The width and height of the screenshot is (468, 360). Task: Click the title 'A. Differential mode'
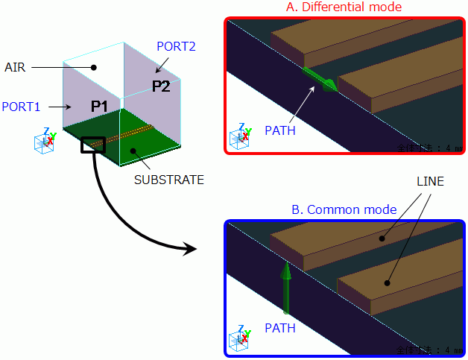pos(344,7)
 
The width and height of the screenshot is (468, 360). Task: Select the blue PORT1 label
pos(21,107)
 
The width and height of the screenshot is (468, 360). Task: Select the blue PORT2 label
pos(176,46)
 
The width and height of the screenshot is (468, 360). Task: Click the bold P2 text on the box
pos(161,86)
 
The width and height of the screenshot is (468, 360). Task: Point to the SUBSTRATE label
pos(168,180)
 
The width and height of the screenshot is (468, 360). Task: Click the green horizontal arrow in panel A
pos(320,80)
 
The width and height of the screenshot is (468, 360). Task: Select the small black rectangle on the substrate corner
pos(93,145)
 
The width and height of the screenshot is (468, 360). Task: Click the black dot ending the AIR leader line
pos(94,67)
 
